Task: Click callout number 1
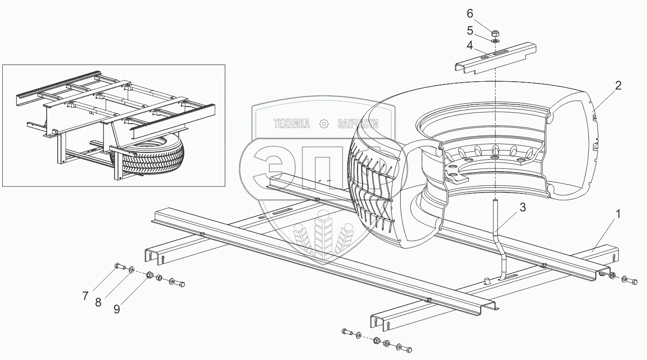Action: click(x=618, y=214)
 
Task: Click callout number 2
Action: click(x=618, y=85)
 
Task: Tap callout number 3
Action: click(x=522, y=208)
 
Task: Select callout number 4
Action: click(x=470, y=45)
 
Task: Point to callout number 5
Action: click(x=470, y=30)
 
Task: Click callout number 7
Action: click(x=85, y=296)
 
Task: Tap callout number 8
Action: click(x=98, y=303)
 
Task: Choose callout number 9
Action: click(x=116, y=309)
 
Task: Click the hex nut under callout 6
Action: click(x=495, y=34)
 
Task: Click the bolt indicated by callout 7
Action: click(x=119, y=266)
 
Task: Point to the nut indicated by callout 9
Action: click(x=150, y=276)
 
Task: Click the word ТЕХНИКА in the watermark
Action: click(x=291, y=124)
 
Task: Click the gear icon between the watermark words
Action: click(x=323, y=124)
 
